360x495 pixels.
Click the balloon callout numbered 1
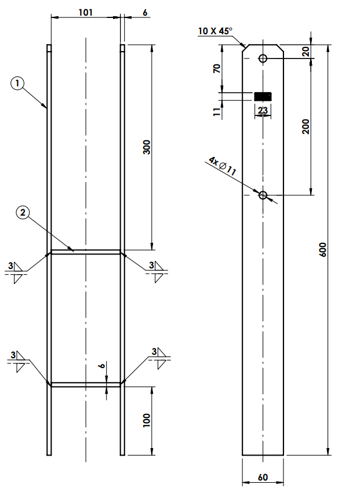pos(17,83)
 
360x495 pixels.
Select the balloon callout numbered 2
pos(23,213)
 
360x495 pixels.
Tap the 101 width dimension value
pos(86,12)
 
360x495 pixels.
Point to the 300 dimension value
pos(147,147)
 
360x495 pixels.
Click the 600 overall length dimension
pos(323,249)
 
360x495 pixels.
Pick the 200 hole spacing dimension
pos(306,126)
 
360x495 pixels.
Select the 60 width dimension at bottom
pos(263,478)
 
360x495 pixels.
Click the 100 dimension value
pos(147,420)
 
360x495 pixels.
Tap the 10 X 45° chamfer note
pos(215,31)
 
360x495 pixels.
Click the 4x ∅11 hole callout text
pos(222,166)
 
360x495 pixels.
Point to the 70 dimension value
pos(217,68)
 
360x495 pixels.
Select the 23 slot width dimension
pos(263,110)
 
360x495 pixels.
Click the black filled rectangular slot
pos(263,97)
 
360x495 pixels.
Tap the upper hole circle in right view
pos(263,59)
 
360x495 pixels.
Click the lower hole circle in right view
pos(263,195)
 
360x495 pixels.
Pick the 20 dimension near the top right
pos(306,52)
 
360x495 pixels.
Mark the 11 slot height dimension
pos(217,112)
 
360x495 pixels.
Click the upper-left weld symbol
pos(15,272)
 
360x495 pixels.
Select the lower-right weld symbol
pos(159,358)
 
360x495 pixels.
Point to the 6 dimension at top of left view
pos(145,12)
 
